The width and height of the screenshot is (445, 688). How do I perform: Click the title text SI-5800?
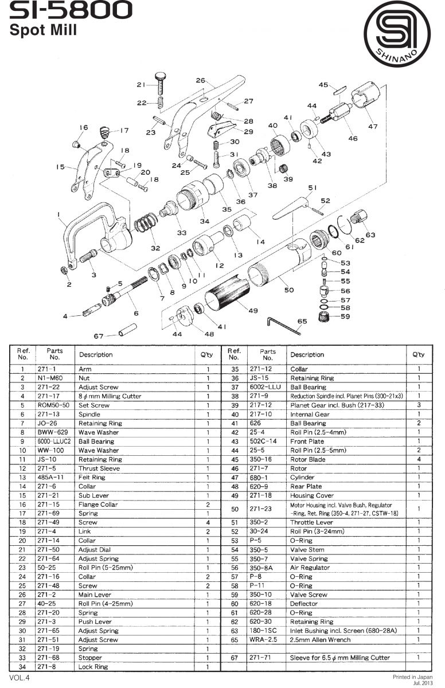71,11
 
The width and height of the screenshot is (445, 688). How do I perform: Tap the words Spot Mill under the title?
44,31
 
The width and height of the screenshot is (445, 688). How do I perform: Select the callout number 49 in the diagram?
252,310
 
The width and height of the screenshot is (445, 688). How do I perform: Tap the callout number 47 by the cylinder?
373,126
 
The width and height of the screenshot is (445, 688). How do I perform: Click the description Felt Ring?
92,478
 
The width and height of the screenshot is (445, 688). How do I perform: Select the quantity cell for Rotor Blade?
419,459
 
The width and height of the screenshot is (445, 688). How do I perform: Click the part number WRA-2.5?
260,640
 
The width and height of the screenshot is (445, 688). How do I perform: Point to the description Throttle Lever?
310,522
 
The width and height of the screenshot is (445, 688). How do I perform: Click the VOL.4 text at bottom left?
19,678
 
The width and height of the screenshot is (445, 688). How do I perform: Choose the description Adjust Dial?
95,550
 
